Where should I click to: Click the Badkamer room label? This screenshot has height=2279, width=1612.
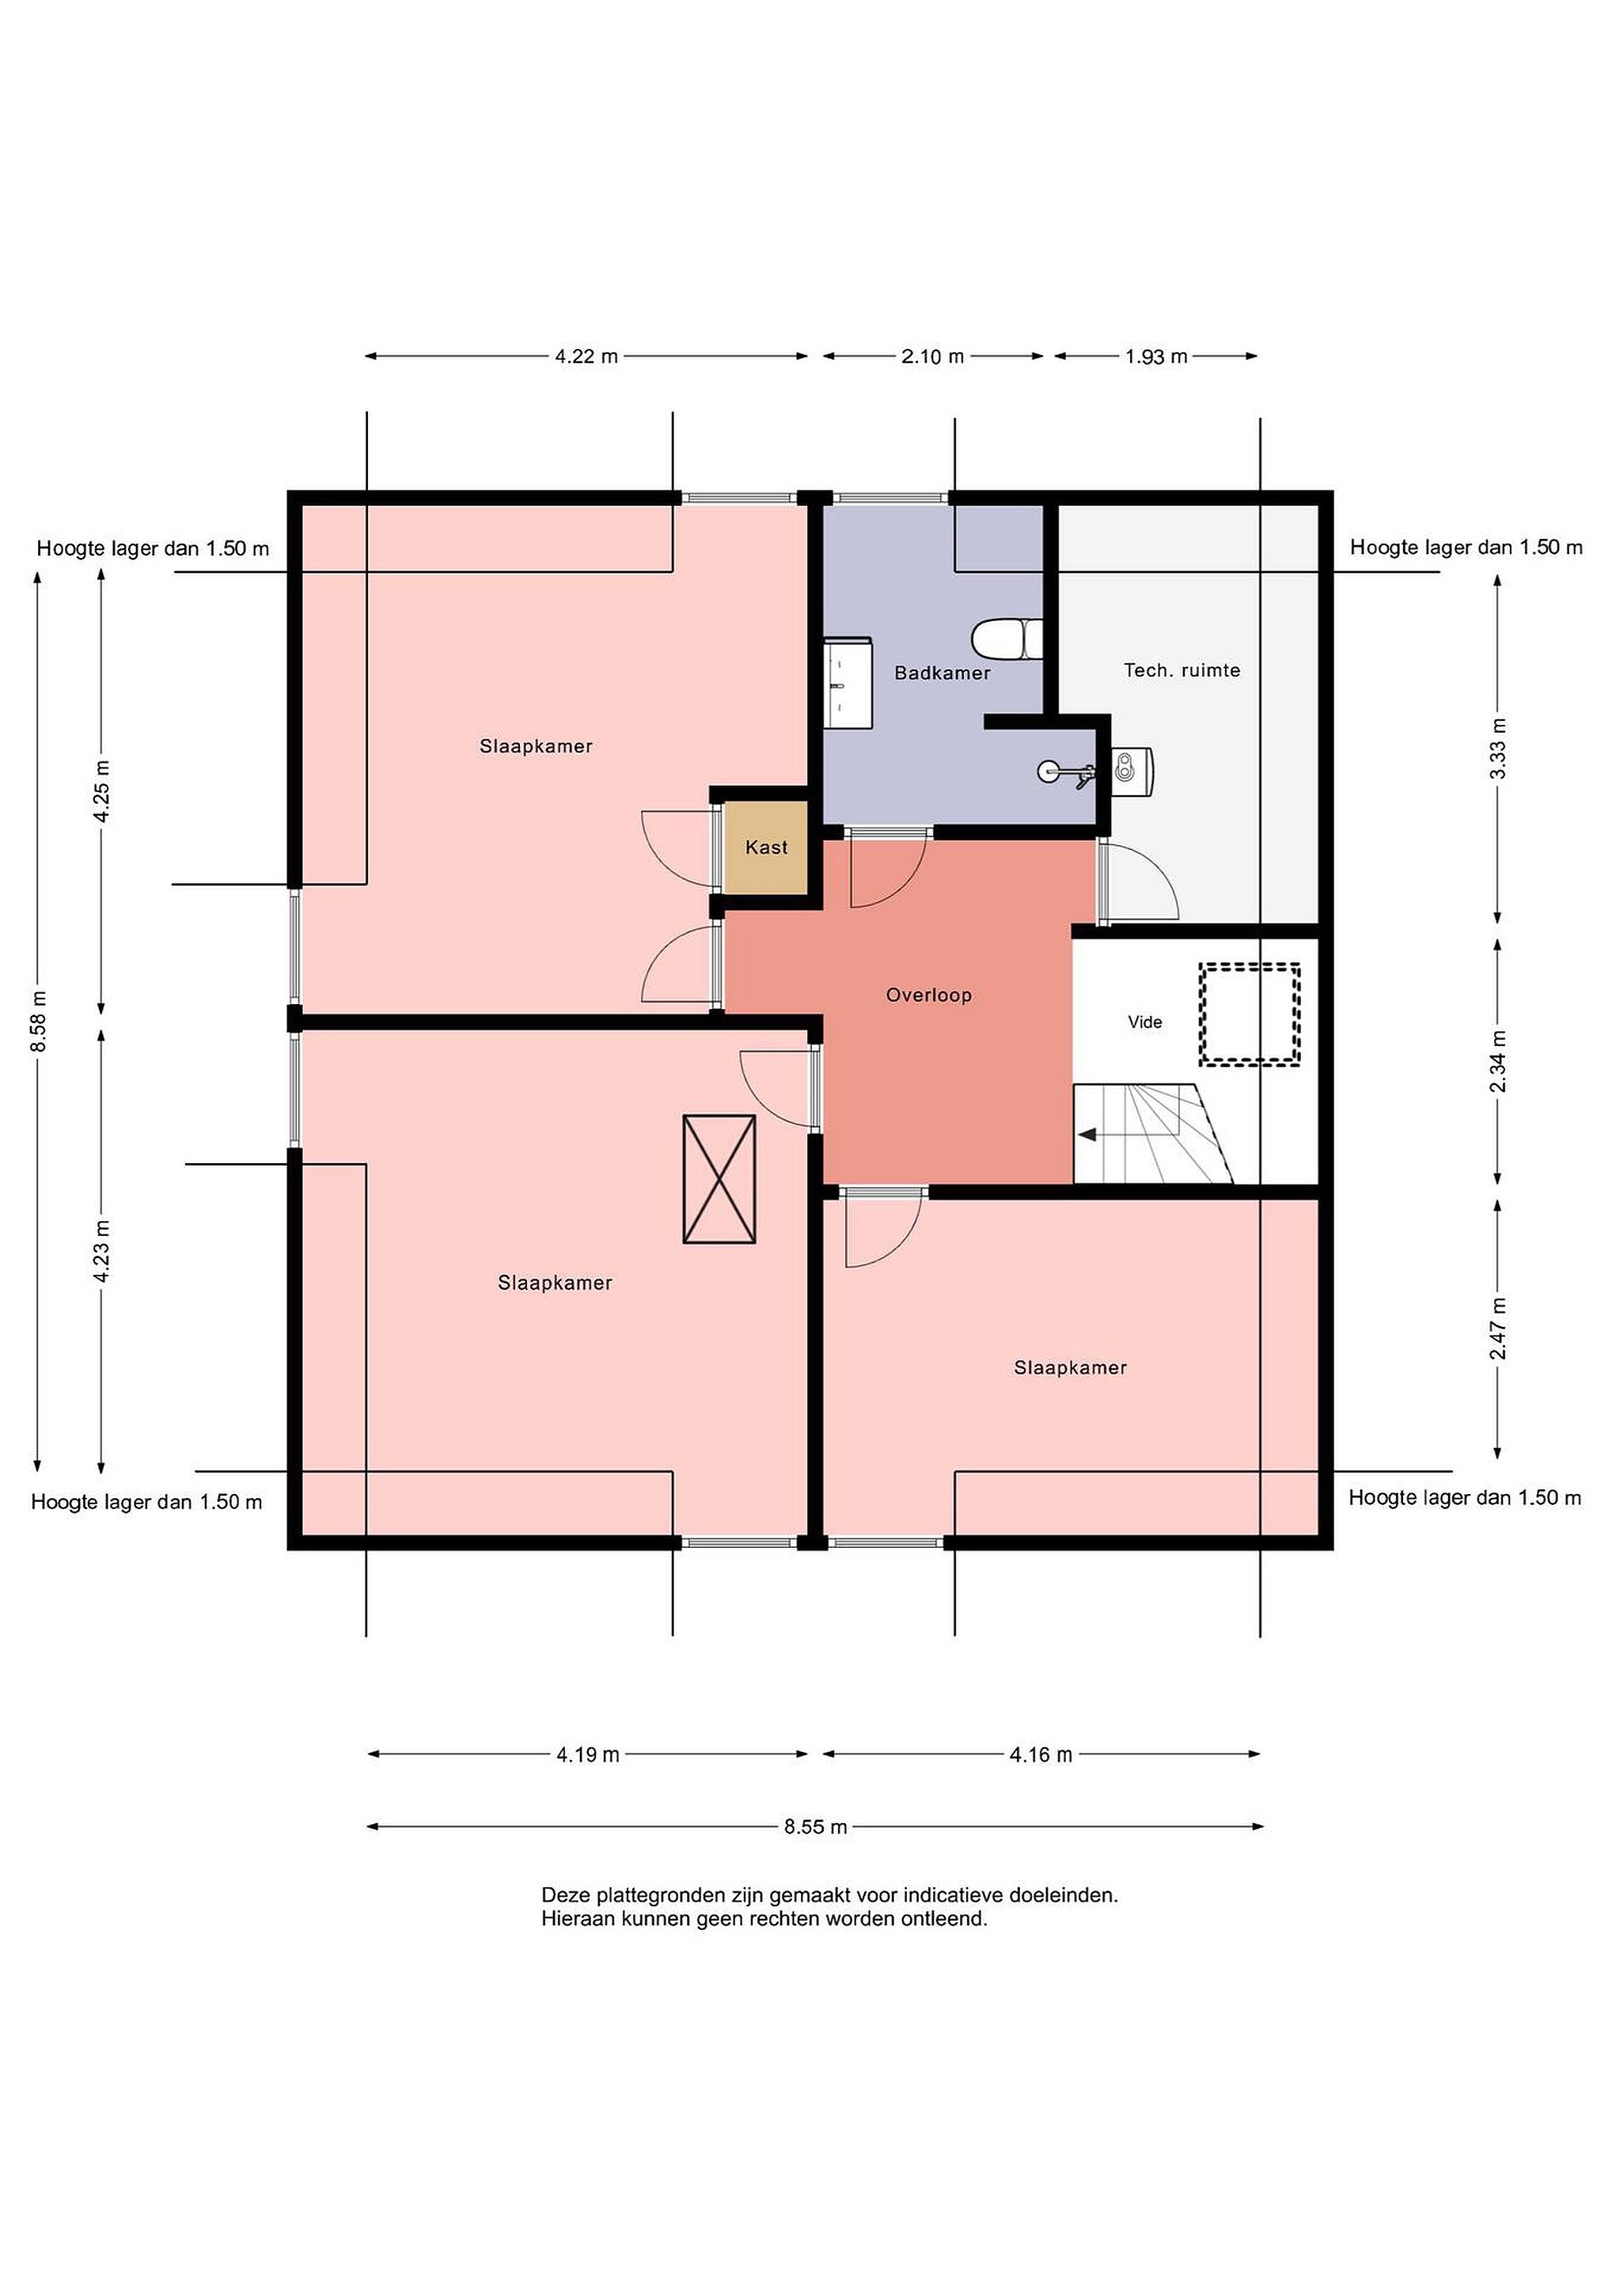pos(942,673)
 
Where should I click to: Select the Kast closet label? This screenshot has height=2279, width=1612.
pos(766,847)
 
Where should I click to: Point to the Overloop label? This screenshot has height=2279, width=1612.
pos(929,995)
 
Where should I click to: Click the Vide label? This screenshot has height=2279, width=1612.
pos(1144,1022)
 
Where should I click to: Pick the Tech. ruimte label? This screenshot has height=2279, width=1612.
pos(1182,670)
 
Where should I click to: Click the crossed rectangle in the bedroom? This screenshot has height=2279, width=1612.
pos(719,1178)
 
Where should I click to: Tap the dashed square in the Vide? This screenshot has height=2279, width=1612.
pos(1250,1014)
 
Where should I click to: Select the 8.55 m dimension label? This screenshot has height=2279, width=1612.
pos(816,1826)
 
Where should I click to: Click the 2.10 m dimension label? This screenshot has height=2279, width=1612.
pos(933,356)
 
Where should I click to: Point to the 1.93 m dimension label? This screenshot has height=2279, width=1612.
pos(1156,356)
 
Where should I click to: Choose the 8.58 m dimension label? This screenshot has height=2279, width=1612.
pos(38,1022)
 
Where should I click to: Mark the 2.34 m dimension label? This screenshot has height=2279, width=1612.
pos(1498,1061)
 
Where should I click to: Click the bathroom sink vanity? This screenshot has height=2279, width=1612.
pos(848,683)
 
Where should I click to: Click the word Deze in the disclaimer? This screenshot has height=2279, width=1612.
pos(563,1895)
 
